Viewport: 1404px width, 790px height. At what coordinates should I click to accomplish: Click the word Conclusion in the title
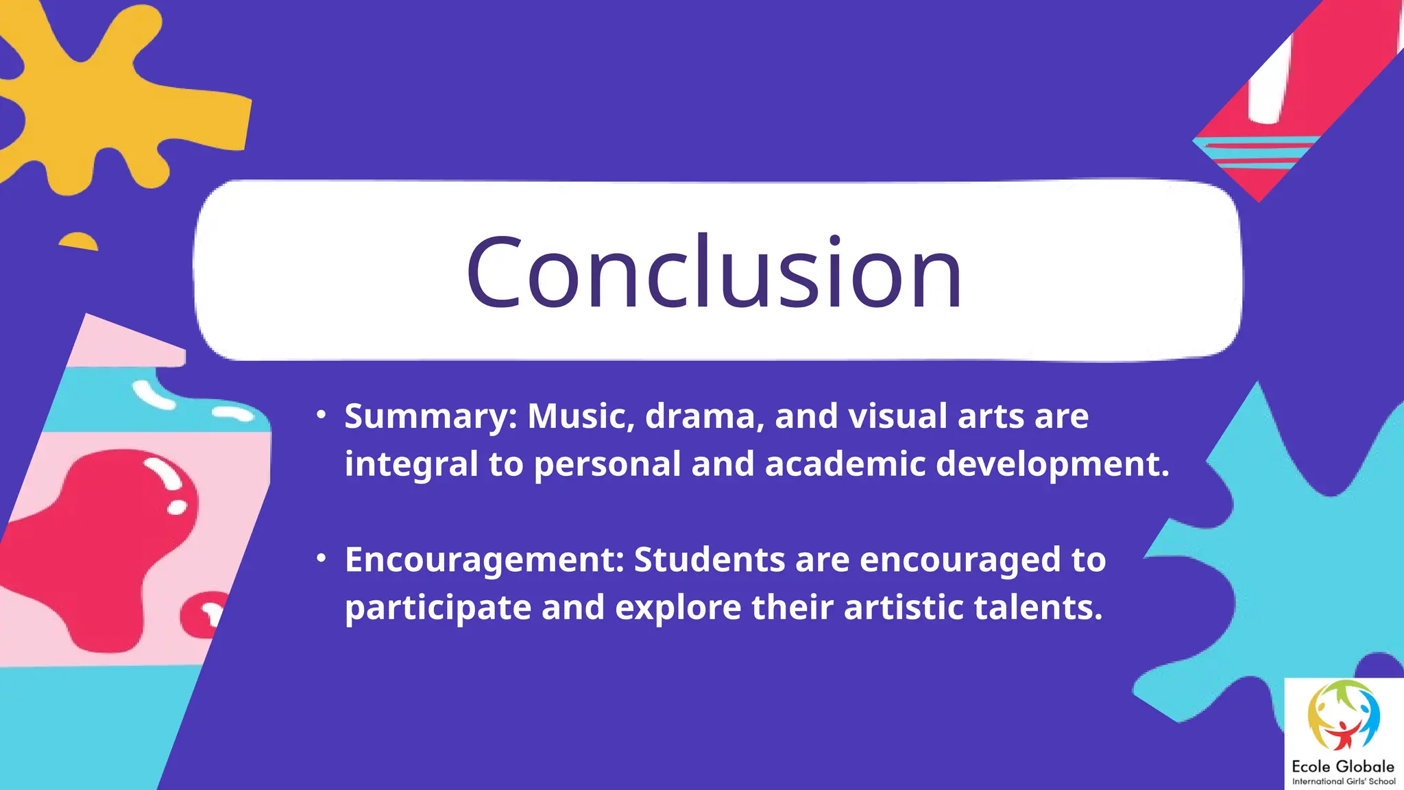[714, 272]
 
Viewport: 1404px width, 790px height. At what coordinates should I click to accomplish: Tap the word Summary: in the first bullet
[431, 417]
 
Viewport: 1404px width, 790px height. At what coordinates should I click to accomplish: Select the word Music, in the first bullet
[581, 416]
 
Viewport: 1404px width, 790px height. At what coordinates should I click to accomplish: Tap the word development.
[1052, 464]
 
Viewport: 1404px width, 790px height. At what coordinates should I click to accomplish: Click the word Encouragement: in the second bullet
[484, 560]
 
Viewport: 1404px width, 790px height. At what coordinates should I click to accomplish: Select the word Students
[709, 559]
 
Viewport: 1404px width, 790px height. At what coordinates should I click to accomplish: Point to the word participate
[437, 608]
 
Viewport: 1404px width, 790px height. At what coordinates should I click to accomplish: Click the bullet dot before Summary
[321, 415]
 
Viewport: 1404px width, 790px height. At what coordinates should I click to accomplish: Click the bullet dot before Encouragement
[321, 558]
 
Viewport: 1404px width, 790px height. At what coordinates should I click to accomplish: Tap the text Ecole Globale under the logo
[1342, 766]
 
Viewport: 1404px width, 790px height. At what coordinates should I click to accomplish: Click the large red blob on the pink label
[103, 542]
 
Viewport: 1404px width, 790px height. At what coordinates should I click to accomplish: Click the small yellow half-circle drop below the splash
[79, 242]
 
